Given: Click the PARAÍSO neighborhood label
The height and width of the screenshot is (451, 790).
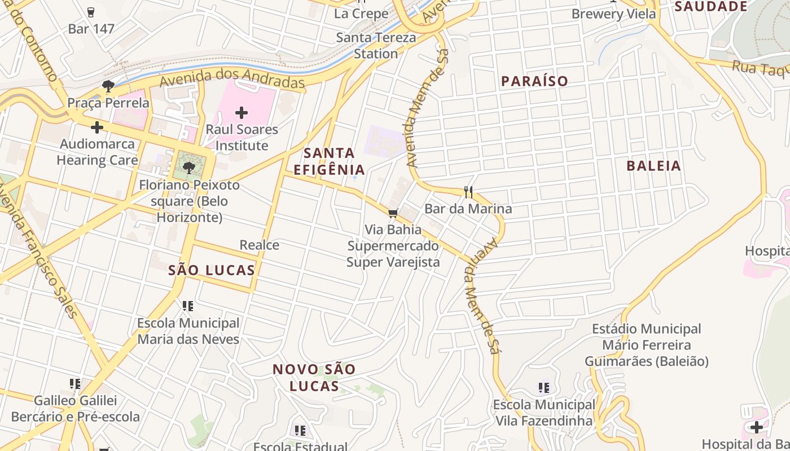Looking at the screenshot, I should [x=534, y=81].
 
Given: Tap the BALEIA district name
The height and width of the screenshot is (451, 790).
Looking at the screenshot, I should [x=654, y=166].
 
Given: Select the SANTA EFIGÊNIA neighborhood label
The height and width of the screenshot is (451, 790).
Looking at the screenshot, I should [x=329, y=161].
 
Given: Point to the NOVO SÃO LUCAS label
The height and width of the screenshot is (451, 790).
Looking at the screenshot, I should [x=314, y=378].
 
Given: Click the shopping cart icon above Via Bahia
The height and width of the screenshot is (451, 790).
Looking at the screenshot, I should [x=393, y=213].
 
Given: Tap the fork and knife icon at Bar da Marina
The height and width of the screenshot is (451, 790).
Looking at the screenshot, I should [x=468, y=192].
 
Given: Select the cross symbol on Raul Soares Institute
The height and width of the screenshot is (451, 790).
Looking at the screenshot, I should [x=242, y=113].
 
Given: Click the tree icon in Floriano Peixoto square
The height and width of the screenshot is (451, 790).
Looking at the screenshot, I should [x=189, y=167].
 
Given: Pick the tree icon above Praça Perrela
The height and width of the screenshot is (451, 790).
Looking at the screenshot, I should [x=108, y=86].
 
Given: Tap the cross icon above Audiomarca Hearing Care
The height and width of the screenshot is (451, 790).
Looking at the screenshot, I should [x=97, y=127].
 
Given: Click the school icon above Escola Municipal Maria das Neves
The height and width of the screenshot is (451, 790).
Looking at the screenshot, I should [x=188, y=306].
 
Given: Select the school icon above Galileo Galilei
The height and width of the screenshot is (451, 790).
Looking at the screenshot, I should [x=75, y=384].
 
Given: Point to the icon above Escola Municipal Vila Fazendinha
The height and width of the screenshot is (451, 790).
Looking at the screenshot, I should [x=544, y=388].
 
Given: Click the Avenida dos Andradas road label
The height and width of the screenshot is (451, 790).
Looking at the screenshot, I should [x=232, y=78].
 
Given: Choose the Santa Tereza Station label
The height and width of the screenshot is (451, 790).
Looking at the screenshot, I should [x=376, y=46].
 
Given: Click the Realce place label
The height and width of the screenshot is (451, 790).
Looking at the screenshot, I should [x=259, y=245].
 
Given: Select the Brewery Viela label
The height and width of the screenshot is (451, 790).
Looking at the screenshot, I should [x=613, y=14].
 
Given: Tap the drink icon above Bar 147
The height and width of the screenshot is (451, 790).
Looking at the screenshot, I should [x=91, y=12].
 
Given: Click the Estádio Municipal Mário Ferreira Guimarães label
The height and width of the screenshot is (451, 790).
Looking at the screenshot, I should [x=646, y=344].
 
